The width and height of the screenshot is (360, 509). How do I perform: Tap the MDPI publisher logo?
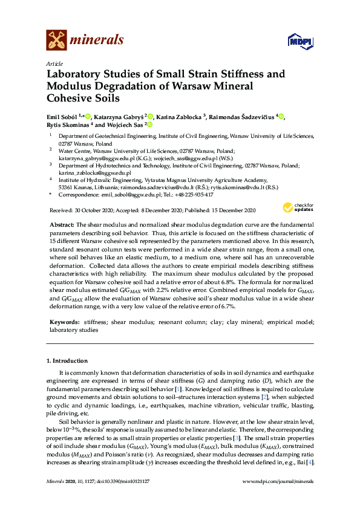tap(296, 41)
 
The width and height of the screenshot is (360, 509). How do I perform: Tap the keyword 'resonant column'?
tap(178, 323)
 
